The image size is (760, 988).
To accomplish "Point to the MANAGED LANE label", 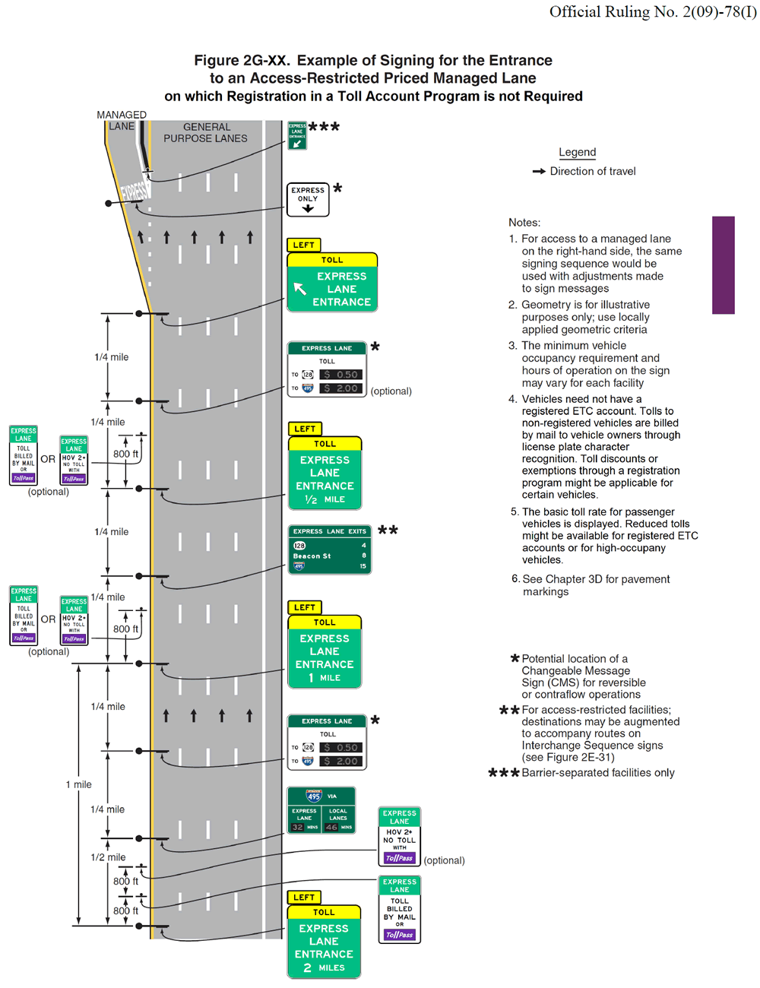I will pos(122,120).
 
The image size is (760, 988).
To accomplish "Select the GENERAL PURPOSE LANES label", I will pos(206,133).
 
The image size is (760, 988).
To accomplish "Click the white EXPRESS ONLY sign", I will pos(308,199).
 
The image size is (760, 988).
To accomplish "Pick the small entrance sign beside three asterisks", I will pos(297,135).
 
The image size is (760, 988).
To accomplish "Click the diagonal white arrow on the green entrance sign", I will pos(300,289).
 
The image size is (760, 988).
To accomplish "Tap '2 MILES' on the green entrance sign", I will pos(324,967).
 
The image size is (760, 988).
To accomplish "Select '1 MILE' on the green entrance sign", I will pos(325,677).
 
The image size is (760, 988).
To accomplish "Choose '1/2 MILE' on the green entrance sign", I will pos(325,499).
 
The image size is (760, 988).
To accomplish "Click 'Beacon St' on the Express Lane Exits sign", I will pos(312,556).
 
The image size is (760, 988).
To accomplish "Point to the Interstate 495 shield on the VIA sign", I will pos(314,796).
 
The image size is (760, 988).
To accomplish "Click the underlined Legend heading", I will pos(577,152).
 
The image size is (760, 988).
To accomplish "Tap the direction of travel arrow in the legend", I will pos(539,172).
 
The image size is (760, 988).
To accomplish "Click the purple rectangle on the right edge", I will pos(723,264).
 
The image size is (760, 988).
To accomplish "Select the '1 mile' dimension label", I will pos(78,784).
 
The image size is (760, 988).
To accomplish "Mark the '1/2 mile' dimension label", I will pos(108,857).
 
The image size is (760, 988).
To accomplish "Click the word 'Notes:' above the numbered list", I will pos(524,223).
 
